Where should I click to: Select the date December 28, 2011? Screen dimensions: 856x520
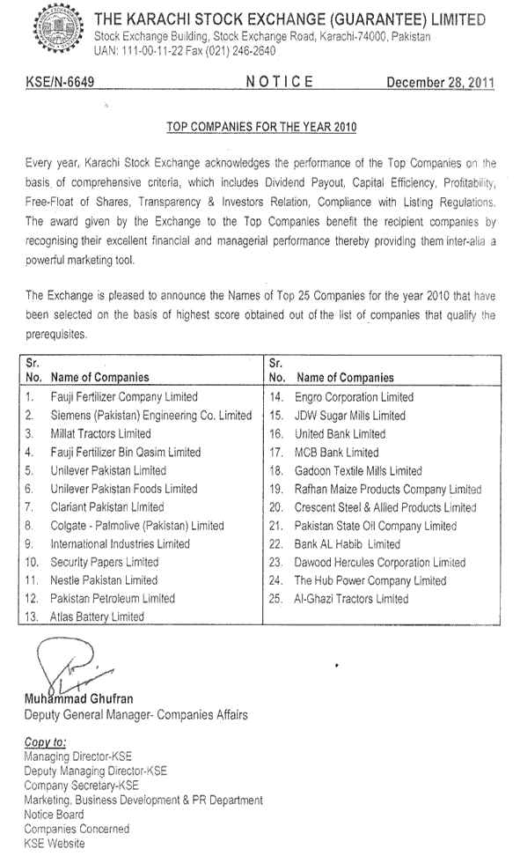point(440,83)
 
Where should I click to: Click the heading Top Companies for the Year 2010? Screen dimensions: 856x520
point(260,127)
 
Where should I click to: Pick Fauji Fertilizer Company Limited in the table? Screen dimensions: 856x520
point(124,397)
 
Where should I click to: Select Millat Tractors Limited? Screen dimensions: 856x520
point(100,433)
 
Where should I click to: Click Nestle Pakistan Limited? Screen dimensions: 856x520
point(104,580)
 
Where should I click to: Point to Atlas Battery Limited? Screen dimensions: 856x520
point(97,617)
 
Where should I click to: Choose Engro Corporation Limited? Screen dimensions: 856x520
point(354,397)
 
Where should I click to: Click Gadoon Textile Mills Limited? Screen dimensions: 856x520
point(358,470)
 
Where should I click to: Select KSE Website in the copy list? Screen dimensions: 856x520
point(55,843)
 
